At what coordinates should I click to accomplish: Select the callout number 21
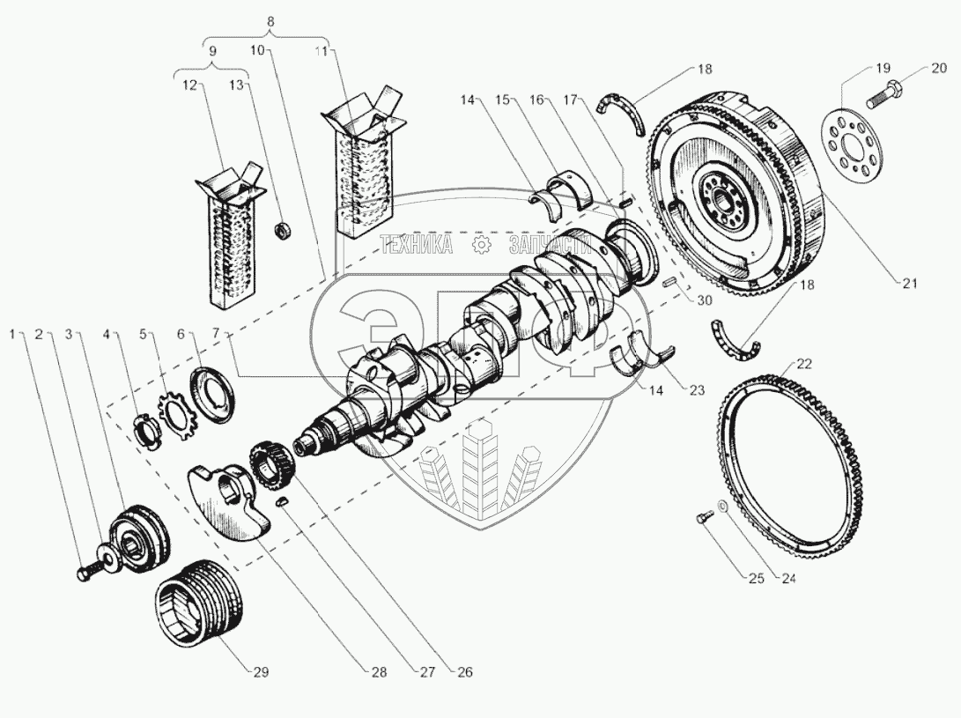(910, 283)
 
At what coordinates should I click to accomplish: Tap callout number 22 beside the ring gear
(804, 363)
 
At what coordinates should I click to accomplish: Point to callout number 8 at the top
(270, 20)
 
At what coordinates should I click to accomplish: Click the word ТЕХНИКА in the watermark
(416, 245)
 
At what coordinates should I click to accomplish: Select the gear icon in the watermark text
(480, 244)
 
